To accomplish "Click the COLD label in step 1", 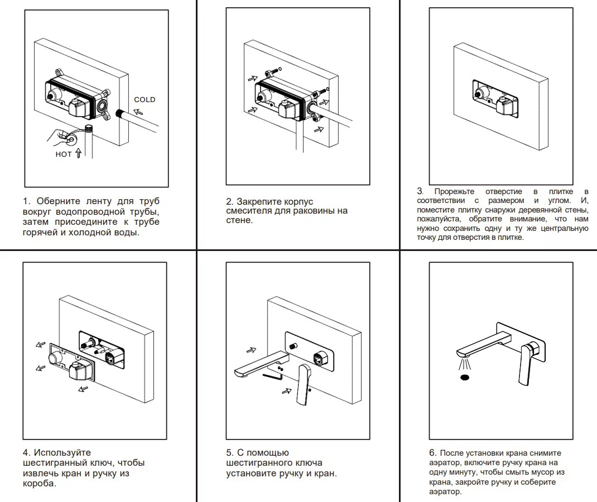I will click(x=145, y=100).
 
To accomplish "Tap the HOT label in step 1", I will click(x=64, y=155).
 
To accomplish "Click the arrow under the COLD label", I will click(x=138, y=111).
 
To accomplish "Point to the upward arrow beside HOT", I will click(x=78, y=153).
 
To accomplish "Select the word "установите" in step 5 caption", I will click(x=248, y=474).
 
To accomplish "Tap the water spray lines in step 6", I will click(x=463, y=364).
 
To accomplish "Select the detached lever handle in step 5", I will click(x=304, y=385).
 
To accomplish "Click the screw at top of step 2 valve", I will click(x=272, y=73).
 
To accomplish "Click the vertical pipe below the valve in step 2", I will click(x=299, y=139).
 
